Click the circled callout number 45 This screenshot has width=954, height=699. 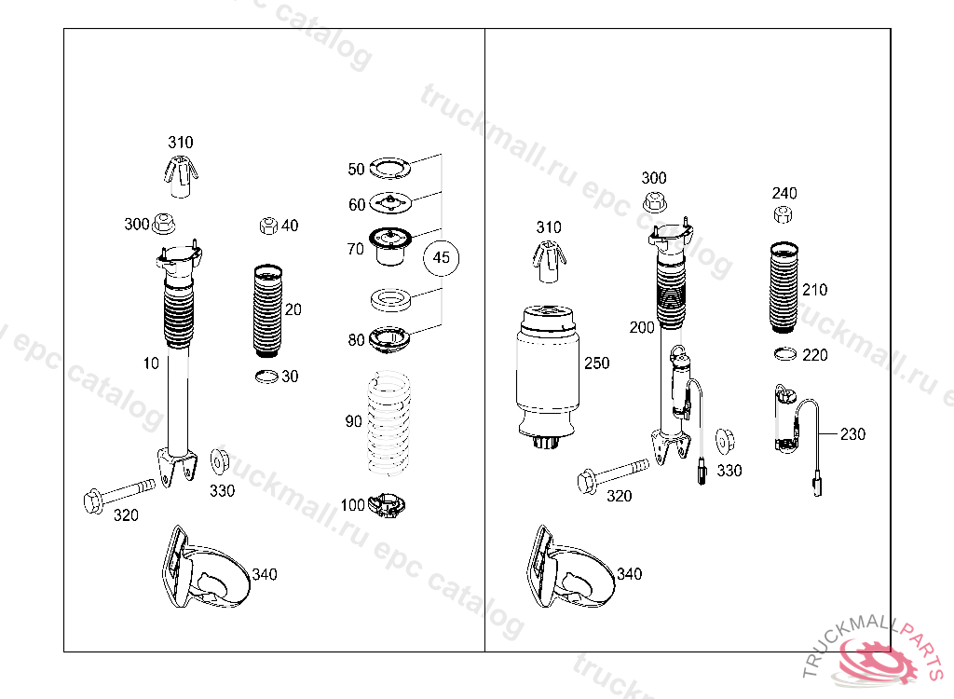coord(441,257)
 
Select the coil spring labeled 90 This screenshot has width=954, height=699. coord(388,423)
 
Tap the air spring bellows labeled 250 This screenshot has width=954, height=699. coord(545,377)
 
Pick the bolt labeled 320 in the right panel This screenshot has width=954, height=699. coord(613,474)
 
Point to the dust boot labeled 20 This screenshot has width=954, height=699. coord(267,310)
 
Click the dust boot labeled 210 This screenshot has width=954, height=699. coord(784,287)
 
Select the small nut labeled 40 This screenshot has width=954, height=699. coord(268,226)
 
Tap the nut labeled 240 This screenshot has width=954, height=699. coord(783,214)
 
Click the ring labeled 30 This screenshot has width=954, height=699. coord(267,377)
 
